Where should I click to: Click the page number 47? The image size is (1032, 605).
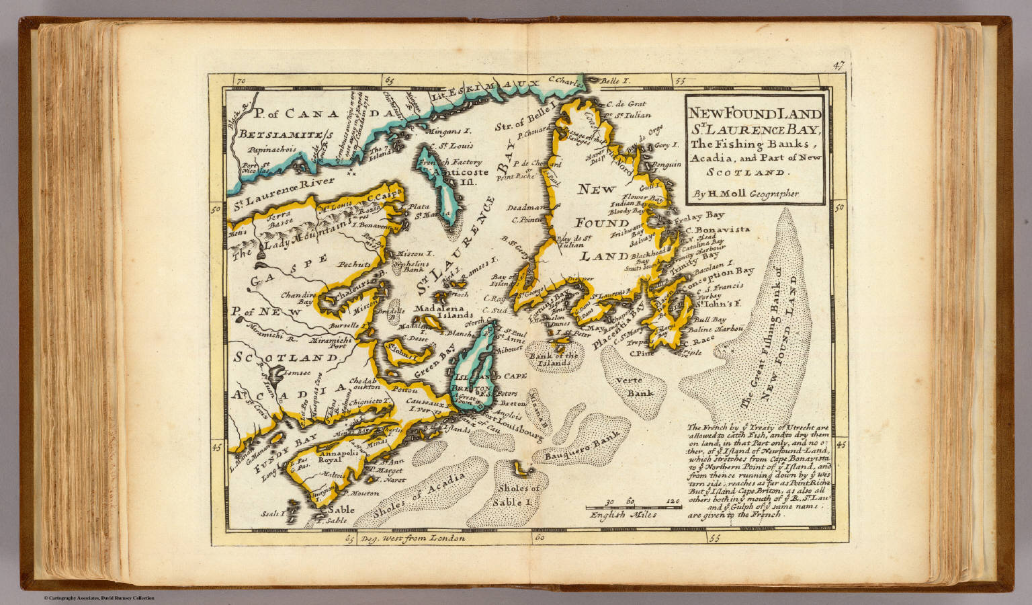pyautogui.click(x=836, y=66)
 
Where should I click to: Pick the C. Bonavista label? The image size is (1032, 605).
pyautogui.click(x=717, y=229)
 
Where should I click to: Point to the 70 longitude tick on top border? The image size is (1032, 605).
pyautogui.click(x=241, y=81)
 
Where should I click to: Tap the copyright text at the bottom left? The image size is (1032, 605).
pyautogui.click(x=99, y=598)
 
